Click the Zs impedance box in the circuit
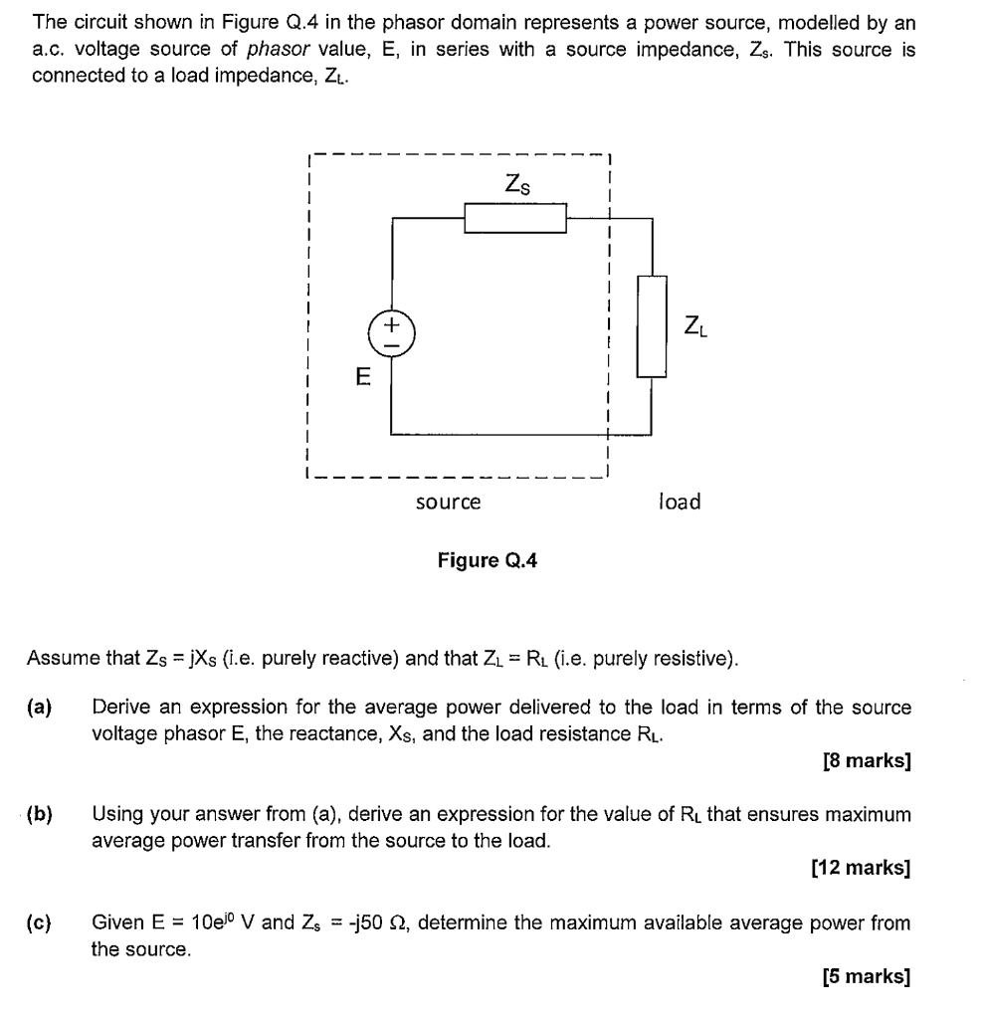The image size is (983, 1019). pos(515,218)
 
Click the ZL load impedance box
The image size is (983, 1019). pos(651,326)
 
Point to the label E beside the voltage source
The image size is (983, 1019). pos(363,377)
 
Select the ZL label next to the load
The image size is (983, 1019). pos(695,325)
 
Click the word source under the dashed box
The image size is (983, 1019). pos(448,503)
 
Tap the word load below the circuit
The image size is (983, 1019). pos(680,502)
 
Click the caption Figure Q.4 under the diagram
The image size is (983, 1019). pos(488,560)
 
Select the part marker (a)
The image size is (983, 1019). pos(40,708)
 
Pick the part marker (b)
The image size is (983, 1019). pos(40,814)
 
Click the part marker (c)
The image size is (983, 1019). pos(40,922)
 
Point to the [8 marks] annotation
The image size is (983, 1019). pos(867,762)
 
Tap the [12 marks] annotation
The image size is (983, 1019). pos(862,868)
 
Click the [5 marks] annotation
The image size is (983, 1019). pos(867,976)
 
